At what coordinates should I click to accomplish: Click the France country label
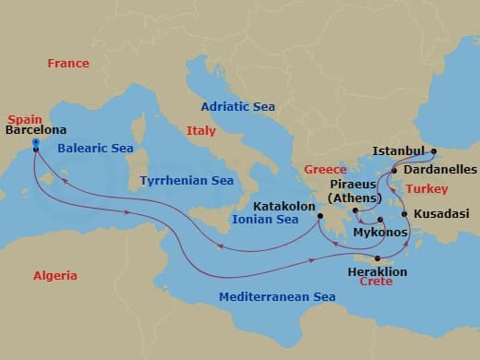tap(68, 64)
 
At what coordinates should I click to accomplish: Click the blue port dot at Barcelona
tap(35, 143)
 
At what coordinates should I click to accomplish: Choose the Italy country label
tap(200, 131)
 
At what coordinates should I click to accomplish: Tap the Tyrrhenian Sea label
tap(186, 181)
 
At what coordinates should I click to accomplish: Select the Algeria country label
tap(54, 276)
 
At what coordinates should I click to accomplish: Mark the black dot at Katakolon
tap(319, 218)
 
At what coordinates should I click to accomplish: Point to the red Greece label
tap(325, 170)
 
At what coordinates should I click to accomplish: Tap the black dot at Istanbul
tap(434, 150)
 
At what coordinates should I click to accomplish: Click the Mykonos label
tap(380, 233)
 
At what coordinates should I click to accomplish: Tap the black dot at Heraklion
tap(378, 258)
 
